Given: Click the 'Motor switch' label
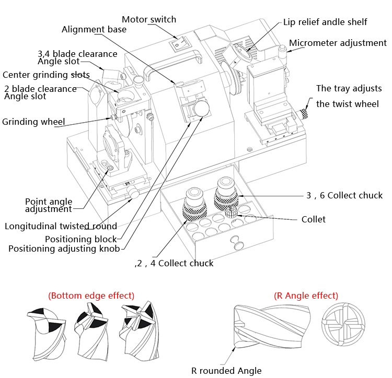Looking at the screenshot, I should tap(149, 19).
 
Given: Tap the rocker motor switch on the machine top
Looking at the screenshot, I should tap(178, 45).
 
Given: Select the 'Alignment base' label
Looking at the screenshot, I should tap(94, 29).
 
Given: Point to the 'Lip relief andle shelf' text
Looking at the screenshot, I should tap(325, 22).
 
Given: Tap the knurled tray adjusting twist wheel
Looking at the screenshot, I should tap(305, 113).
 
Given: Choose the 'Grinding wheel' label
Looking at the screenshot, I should tap(33, 122).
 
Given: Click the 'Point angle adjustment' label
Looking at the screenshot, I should tap(49, 205).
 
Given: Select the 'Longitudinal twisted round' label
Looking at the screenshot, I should tap(61, 226).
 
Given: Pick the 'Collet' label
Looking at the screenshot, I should tap(313, 219).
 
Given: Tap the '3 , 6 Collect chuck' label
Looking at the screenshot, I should tap(344, 195).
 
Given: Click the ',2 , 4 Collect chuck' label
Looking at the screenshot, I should tap(174, 263).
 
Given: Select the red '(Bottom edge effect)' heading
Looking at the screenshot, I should tap(91, 296).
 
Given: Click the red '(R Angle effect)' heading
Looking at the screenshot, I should tap(306, 296).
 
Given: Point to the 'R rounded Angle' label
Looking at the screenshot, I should tap(226, 371).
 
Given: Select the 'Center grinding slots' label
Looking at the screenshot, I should tap(46, 75).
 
